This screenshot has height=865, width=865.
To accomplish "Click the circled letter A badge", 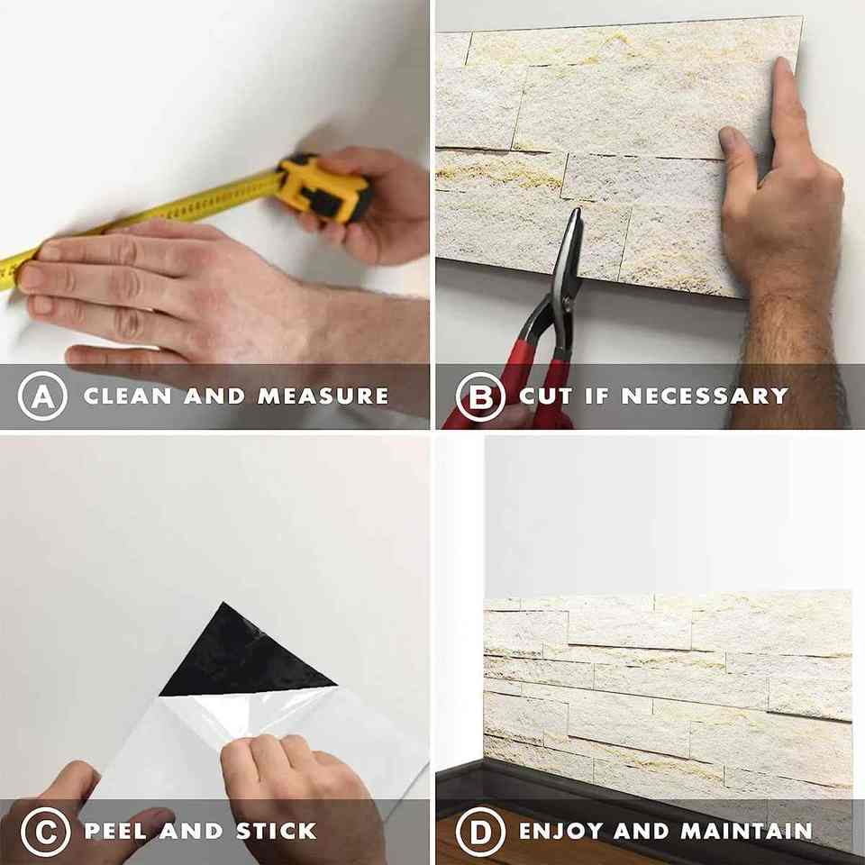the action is pyautogui.click(x=43, y=396).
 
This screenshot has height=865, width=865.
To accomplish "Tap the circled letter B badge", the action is pyautogui.click(x=480, y=396).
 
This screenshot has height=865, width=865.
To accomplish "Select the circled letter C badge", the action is pyautogui.click(x=46, y=832).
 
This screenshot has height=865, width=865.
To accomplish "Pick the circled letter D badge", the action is pyautogui.click(x=480, y=832).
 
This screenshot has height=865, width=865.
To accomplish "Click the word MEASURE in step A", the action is pyautogui.click(x=323, y=396).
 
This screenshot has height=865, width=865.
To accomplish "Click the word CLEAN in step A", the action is pyautogui.click(x=128, y=396).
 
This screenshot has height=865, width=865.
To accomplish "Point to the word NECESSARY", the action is pyautogui.click(x=705, y=396).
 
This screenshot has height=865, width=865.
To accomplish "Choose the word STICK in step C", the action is pyautogui.click(x=277, y=832).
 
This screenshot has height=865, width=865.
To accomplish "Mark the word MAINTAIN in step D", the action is pyautogui.click(x=747, y=832).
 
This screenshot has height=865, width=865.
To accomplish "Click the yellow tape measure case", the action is pyautogui.click(x=323, y=187).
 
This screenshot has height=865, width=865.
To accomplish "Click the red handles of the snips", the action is pyautogui.click(x=524, y=380).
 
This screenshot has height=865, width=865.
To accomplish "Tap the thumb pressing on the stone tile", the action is pyautogui.click(x=738, y=160).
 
